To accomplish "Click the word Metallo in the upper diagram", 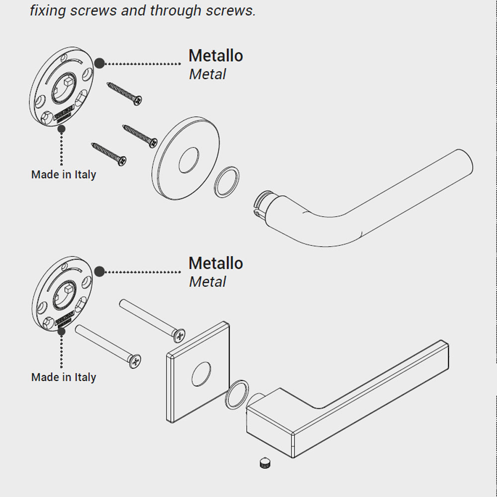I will click(216, 56).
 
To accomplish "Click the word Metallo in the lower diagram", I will click(216, 263).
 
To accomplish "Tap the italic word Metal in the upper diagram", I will click(208, 75).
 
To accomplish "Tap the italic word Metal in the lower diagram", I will click(208, 282).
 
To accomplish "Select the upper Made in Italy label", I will click(64, 175).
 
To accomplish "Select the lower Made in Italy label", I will click(64, 377).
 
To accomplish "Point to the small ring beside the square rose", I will click(238, 395).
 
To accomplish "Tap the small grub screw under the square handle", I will click(265, 463).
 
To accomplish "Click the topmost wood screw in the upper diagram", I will click(125, 93).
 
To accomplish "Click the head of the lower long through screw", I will click(134, 361).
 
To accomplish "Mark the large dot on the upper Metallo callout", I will click(99, 63).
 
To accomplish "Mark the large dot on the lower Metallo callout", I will click(99, 271).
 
